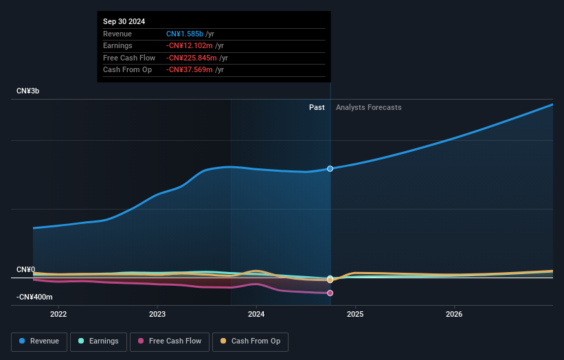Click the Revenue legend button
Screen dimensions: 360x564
(x=39, y=341)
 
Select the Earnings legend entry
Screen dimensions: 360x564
(x=98, y=341)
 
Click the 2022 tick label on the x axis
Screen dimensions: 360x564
(x=58, y=315)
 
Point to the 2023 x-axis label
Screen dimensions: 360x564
(x=157, y=315)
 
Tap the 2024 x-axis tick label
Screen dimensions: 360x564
(x=256, y=315)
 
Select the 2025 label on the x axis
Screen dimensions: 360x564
(x=355, y=315)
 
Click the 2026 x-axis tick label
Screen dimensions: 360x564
(x=454, y=315)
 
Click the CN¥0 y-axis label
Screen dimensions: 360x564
(x=27, y=270)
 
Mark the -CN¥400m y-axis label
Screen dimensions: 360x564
(x=34, y=296)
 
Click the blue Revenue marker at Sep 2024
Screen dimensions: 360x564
(x=330, y=168)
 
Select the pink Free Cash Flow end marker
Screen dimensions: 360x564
(x=330, y=293)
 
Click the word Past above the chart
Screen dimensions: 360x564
(x=317, y=107)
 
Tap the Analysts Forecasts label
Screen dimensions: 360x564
(x=368, y=107)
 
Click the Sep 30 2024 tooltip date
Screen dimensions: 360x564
(x=124, y=22)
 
